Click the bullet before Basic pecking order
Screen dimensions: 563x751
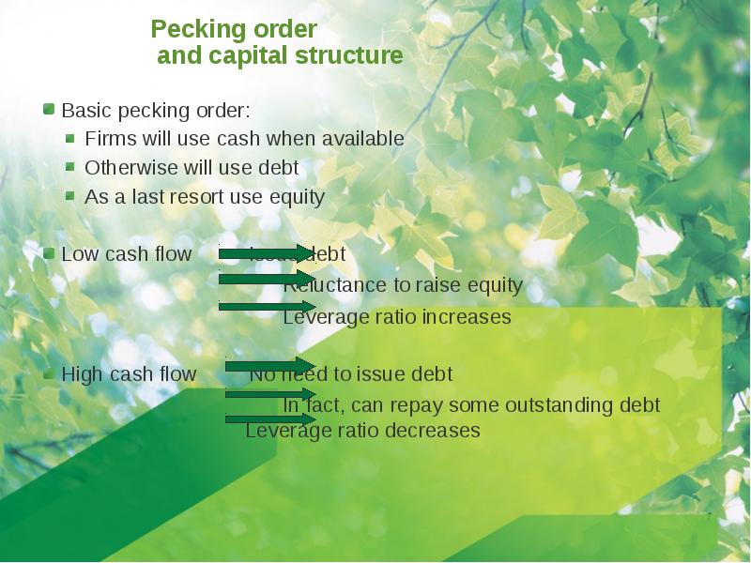(49, 110)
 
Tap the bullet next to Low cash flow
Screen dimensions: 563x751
(49, 253)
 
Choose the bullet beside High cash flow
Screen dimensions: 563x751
(49, 373)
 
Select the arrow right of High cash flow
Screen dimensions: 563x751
(270, 366)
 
